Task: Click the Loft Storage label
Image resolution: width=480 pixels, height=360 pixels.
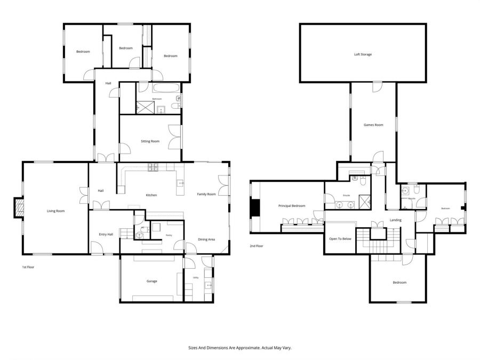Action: [x=363, y=54]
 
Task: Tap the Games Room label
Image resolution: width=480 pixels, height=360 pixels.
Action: [x=373, y=125]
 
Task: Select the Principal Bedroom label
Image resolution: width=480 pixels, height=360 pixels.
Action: [x=292, y=205]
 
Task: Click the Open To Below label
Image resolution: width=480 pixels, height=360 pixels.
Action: [x=340, y=238]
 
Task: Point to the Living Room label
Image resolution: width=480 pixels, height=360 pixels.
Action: [x=55, y=211]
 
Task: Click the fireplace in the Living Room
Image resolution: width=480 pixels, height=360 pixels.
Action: [x=19, y=209]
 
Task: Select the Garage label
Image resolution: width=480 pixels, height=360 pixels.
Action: [x=151, y=281]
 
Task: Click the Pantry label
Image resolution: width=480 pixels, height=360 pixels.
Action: [x=169, y=235]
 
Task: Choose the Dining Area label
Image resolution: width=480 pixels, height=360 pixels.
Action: [x=206, y=239]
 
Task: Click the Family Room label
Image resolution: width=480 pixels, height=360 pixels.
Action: [x=206, y=194]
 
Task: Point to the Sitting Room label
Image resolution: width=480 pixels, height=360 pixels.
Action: [x=150, y=141]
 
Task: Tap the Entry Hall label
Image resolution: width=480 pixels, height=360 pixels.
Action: [x=106, y=234]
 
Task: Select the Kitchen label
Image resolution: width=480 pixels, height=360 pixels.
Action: [x=151, y=195]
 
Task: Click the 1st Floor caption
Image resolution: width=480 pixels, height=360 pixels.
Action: [x=28, y=267]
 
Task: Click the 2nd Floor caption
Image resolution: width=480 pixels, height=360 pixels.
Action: [x=257, y=246]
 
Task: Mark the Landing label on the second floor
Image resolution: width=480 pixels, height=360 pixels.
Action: [x=395, y=220]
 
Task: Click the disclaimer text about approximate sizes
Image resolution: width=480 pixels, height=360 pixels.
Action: [x=239, y=347]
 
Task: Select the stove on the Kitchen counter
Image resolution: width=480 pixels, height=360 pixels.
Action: [x=153, y=167]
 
